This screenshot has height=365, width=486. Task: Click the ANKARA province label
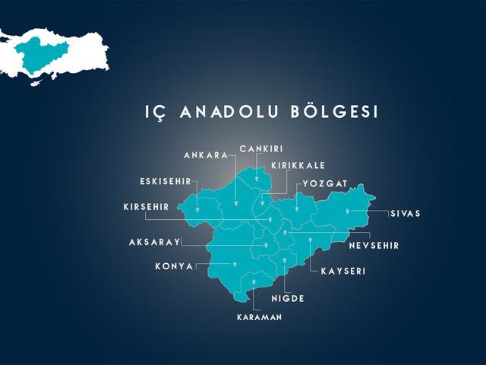coord(206,155)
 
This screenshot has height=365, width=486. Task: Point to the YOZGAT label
coord(325,184)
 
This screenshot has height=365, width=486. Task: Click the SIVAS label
coord(406,214)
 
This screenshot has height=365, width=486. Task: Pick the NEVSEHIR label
coord(374,246)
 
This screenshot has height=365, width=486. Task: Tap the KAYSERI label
coord(343,271)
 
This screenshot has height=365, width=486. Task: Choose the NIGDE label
coord(288,298)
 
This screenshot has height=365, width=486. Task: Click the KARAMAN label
coord(259,317)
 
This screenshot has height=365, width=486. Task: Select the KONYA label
coord(175,266)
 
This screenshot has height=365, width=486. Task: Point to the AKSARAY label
coord(154,242)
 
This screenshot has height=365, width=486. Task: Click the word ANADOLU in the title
coord(229,113)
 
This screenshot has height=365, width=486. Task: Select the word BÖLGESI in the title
coord(334,112)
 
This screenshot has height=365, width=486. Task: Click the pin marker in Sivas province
coord(348,211)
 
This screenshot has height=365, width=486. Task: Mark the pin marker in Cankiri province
coord(257,179)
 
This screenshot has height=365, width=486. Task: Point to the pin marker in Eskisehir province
coord(197,207)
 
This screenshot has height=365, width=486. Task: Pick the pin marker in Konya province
coord(235,264)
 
